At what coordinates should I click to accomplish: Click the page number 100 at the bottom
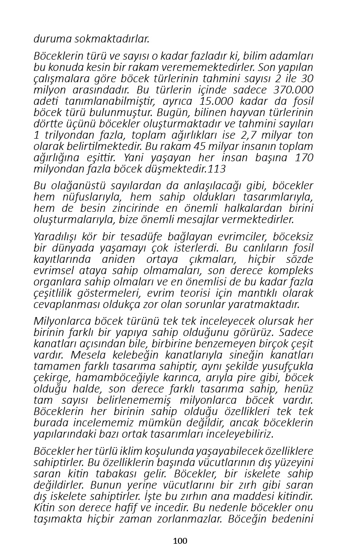pos(180,541)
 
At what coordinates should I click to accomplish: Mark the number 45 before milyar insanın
pos(200,146)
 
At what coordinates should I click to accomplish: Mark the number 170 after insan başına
pos(304,158)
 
